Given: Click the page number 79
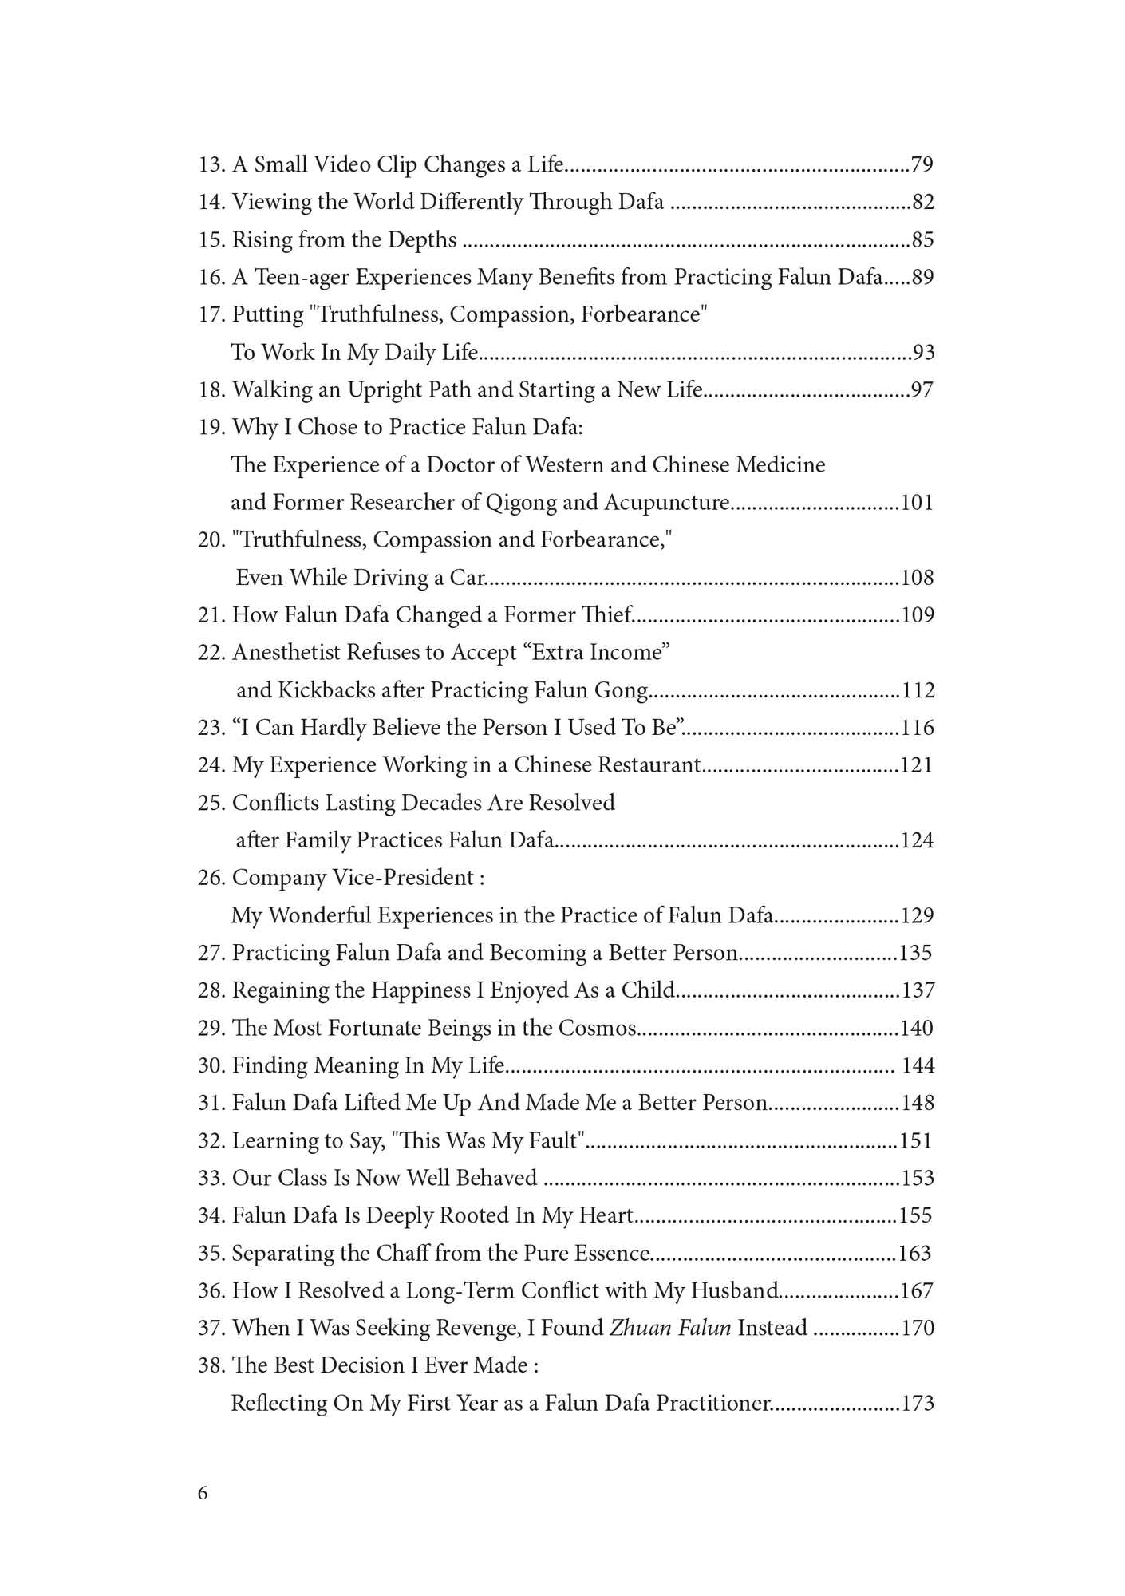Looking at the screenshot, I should [922, 165].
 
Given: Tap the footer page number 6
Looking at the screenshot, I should [203, 1493].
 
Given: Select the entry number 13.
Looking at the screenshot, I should [211, 165].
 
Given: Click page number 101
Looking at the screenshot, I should [917, 503].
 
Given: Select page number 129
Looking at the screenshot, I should [917, 915].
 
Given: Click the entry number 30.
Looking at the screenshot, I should [211, 1065].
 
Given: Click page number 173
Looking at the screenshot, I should [917, 1403].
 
